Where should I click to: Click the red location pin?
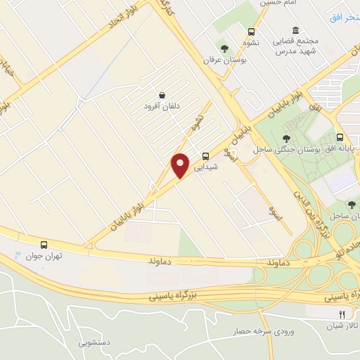(181, 165)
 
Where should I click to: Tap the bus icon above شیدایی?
(205, 157)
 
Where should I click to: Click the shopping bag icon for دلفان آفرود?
(162, 95)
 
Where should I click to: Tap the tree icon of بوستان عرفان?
(224, 49)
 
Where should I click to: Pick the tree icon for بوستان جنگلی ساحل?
(285, 139)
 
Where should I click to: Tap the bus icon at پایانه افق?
(340, 138)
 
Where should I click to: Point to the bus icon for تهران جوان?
(44, 245)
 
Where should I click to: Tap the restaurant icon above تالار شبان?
(342, 314)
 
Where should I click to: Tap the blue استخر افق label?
(346, 15)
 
